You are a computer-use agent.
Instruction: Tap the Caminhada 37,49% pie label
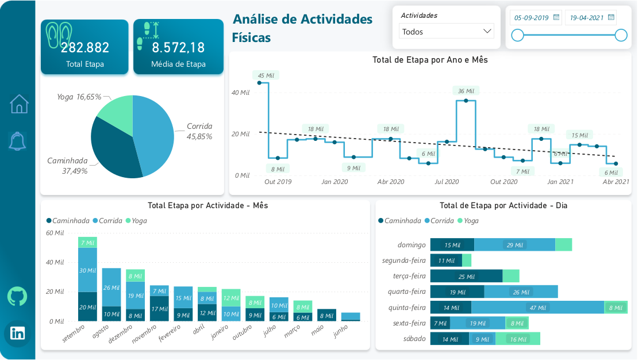[68, 166]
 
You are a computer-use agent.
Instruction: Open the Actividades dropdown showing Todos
[447, 32]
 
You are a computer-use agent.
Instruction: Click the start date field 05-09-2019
[532, 18]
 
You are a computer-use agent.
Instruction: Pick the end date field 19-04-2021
[587, 18]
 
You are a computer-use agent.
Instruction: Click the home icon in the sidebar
[19, 104]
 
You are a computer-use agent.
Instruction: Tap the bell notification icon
[18, 140]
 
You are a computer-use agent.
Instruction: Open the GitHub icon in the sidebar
[18, 296]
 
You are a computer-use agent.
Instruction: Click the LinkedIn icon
[18, 332]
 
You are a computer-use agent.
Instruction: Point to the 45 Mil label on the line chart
[266, 75]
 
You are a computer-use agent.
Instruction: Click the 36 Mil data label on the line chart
[466, 91]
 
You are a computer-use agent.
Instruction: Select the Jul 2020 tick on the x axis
[447, 182]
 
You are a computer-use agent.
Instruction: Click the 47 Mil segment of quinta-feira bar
[537, 308]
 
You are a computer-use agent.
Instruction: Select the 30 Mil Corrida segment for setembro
[87, 270]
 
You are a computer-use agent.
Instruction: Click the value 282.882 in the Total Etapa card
[85, 48]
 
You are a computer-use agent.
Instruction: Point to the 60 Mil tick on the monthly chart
[55, 233]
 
